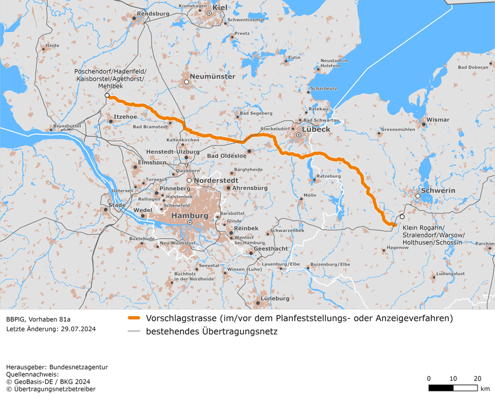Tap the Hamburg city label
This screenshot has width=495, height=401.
189,215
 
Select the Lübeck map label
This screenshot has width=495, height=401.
316,129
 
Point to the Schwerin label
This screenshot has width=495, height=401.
438,190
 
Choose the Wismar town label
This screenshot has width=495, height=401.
437,120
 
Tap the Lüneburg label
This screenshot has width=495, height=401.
275,298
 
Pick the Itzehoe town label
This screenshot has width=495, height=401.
125,117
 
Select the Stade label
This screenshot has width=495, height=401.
117,205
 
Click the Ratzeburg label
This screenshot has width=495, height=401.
328,176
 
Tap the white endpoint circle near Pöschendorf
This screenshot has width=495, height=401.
107,96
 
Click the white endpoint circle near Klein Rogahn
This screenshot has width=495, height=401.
402,216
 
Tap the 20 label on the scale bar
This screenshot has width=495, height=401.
477,378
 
